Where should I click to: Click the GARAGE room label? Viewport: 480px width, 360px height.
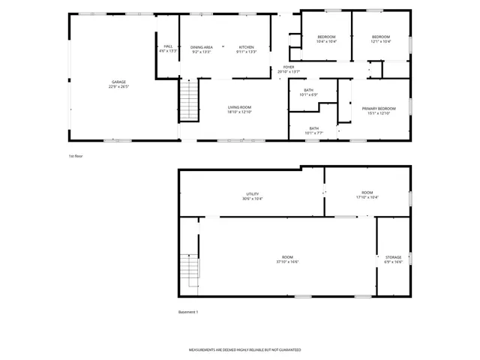point(118,83)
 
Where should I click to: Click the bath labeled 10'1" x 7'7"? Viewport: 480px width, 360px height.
point(313,130)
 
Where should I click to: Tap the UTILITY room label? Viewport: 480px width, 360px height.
point(252,196)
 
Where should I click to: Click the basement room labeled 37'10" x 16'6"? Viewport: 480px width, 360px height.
point(288,259)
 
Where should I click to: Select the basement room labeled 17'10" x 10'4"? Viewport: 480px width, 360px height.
point(367,195)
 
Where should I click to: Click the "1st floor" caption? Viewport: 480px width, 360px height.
point(76,156)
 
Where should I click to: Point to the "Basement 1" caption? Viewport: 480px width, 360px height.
point(188,311)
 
